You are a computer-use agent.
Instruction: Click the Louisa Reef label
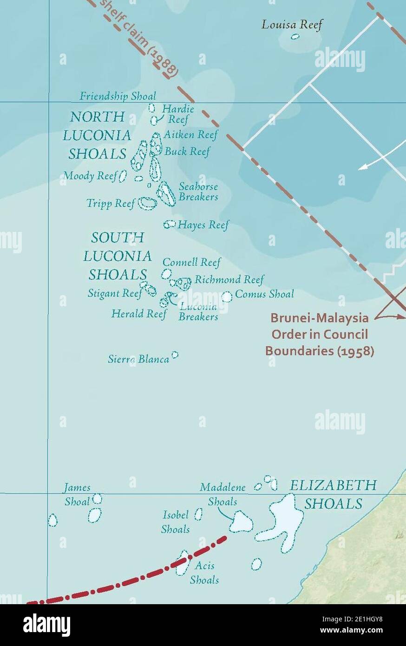click(x=291, y=25)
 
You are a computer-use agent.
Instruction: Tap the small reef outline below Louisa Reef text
click(x=295, y=37)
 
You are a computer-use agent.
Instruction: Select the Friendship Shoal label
click(x=118, y=96)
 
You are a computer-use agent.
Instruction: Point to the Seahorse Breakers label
click(x=198, y=191)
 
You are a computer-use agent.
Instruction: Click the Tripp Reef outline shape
click(x=148, y=203)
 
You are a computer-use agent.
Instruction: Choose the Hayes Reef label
click(x=203, y=225)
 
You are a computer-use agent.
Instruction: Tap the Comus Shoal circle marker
click(x=227, y=296)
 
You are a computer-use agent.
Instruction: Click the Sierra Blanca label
click(x=138, y=359)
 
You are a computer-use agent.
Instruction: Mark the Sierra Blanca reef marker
click(x=175, y=355)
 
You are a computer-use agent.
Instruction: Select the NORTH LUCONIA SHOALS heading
click(x=97, y=135)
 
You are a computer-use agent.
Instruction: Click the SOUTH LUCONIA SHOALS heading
click(x=117, y=256)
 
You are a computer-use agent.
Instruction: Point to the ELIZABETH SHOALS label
click(x=333, y=494)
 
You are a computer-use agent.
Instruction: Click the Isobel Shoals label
click(x=176, y=522)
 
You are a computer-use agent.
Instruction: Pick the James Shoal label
click(x=77, y=494)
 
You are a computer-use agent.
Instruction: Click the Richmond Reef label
click(x=229, y=279)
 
